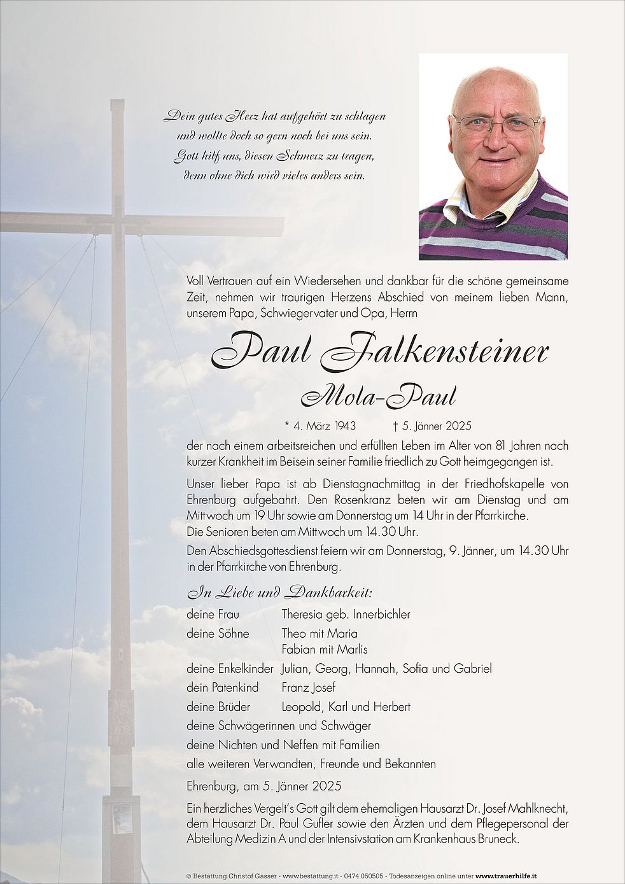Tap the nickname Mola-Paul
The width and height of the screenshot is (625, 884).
point(378,397)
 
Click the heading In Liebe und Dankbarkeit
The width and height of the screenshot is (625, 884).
point(279,593)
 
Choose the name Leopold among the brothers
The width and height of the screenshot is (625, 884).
point(302,707)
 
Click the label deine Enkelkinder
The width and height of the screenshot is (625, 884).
point(229,669)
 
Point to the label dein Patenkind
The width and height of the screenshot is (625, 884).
point(222,688)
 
